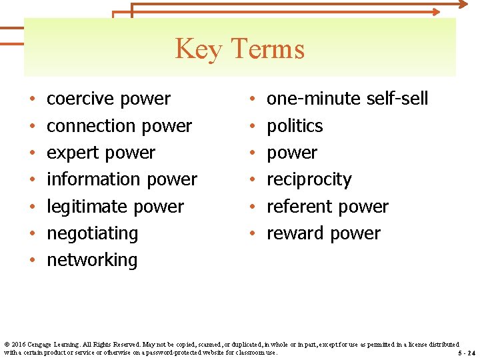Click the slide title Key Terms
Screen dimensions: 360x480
pos(239,49)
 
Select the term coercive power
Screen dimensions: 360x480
pos(109,99)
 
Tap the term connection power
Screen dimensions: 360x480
pos(119,125)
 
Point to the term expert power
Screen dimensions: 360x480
pos(101,153)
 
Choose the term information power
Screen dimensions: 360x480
pos(122,179)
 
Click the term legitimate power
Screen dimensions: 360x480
pos(115,207)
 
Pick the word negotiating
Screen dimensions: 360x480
pos(92,233)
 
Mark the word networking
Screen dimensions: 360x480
pos(92,260)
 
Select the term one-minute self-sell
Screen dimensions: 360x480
pos(347,99)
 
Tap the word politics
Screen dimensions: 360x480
pos(295,125)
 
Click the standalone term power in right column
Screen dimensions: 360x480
pos(292,153)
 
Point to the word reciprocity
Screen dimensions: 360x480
pos(309,179)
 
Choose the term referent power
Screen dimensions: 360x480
pos(327,207)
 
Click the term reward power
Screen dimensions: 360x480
pos(323,233)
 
